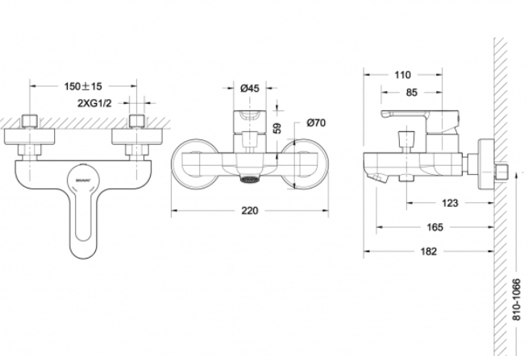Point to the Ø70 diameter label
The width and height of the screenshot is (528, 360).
315,123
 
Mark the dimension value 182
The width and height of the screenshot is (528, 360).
428,251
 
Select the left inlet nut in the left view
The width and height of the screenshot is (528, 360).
30,122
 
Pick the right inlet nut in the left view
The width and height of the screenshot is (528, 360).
139,122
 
